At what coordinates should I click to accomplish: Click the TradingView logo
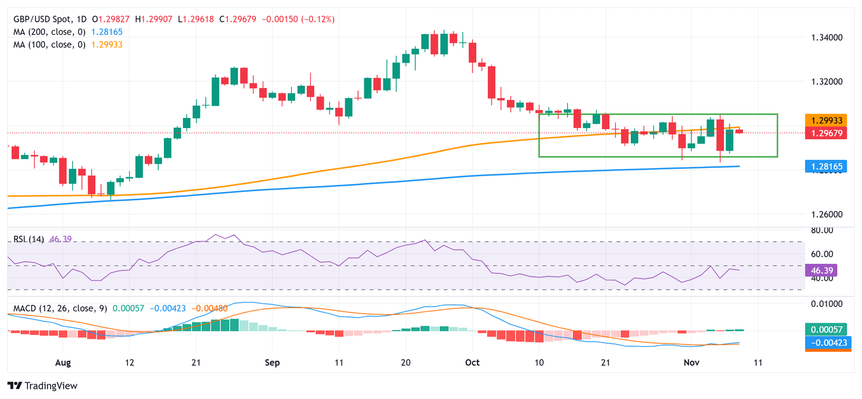click(x=43, y=386)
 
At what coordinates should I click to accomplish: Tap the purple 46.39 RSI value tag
click(x=820, y=270)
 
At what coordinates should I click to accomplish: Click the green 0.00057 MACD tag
click(x=825, y=330)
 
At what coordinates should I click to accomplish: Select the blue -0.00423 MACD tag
click(x=825, y=342)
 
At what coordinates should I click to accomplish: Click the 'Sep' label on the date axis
click(x=272, y=363)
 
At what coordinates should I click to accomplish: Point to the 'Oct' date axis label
click(x=473, y=363)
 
